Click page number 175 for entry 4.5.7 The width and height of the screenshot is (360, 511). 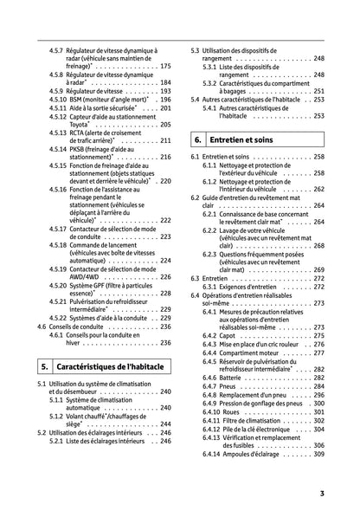[165, 66]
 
